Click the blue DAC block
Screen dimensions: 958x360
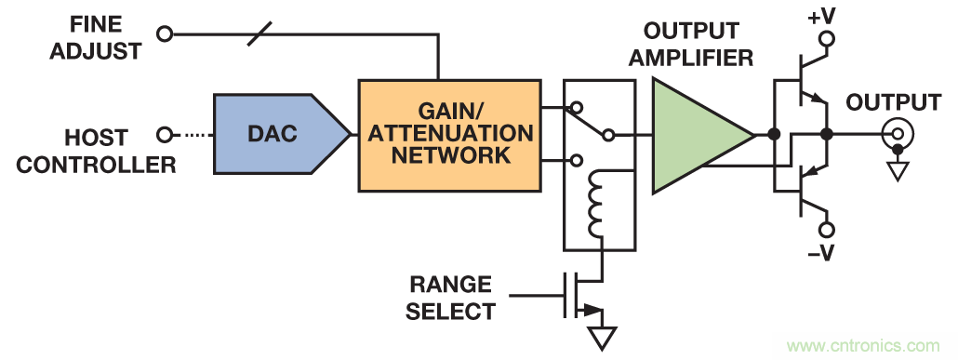point(281,134)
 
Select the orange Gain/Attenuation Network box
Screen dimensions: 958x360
point(449,135)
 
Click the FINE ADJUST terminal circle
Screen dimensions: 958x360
point(165,33)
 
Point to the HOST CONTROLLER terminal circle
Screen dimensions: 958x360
point(165,135)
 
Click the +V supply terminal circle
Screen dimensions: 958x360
point(827,39)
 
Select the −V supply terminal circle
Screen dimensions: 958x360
point(827,231)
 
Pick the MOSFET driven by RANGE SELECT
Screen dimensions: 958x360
point(580,297)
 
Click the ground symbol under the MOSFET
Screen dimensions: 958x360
point(602,339)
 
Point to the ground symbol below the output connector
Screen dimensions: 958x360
point(897,170)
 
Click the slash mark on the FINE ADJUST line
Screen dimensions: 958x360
point(259,33)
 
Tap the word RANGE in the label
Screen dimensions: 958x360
point(450,285)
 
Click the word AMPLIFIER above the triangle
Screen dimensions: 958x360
point(691,58)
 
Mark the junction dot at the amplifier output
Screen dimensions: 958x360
point(774,135)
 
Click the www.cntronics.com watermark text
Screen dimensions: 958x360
point(864,345)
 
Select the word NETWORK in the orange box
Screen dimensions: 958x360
point(451,154)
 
